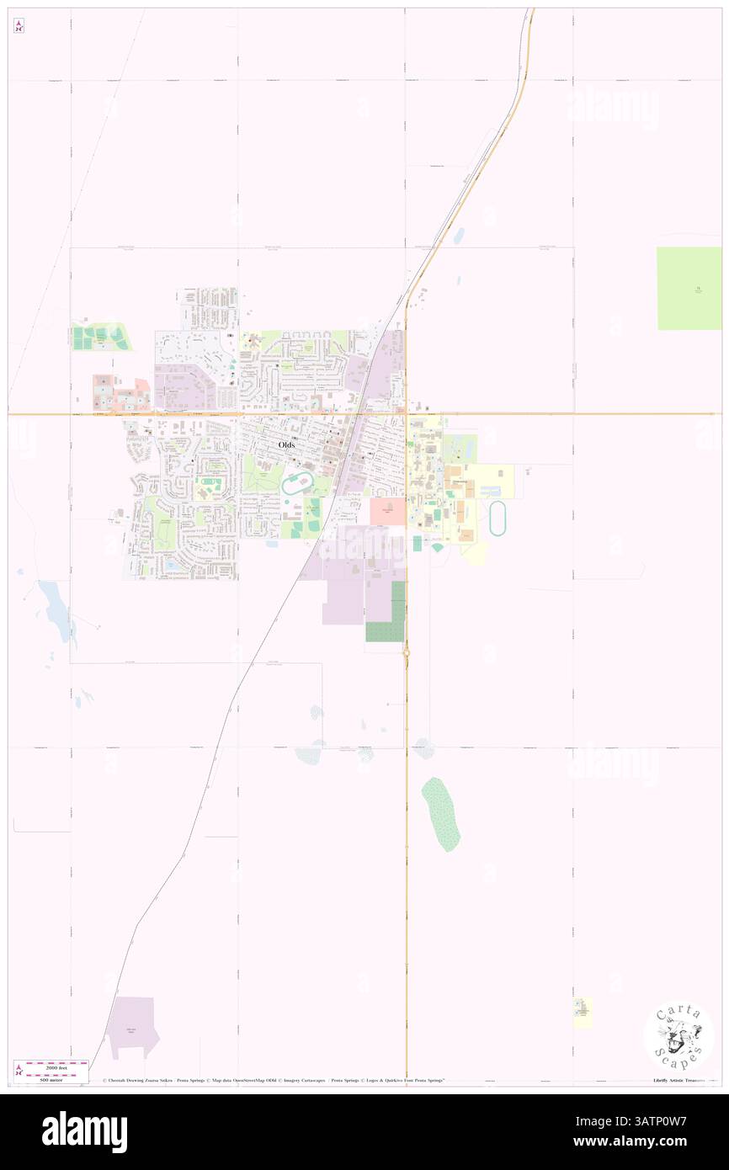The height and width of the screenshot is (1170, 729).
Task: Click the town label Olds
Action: pos(287,444)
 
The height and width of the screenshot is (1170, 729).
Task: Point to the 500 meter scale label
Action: pos(51,1079)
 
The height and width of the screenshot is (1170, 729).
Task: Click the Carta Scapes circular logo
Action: pos(678,1037)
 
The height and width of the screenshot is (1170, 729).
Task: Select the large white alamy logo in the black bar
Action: pos(84,1131)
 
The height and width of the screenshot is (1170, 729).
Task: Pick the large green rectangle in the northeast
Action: pos(689,289)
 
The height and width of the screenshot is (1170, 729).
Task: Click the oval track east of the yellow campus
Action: pos(498,519)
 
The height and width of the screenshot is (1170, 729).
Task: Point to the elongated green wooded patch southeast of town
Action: pos(441,814)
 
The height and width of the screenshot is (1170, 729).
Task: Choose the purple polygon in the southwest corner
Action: pos(134,1025)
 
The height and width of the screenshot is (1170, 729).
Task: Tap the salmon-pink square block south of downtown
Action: pos(387,511)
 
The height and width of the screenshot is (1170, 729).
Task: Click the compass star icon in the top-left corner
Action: pos(19,26)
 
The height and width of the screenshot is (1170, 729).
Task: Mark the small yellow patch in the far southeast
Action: pos(583,1013)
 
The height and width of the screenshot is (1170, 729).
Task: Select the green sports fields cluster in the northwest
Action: pos(101,338)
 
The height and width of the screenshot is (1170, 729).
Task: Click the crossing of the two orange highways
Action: pos(406,413)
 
